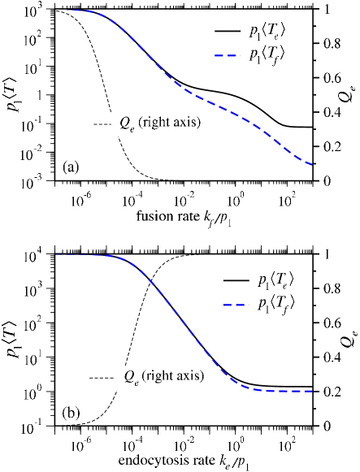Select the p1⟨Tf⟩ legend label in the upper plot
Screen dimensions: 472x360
coord(267,54)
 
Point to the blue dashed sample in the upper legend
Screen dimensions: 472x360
coord(228,54)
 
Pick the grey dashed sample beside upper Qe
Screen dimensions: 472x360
coord(102,123)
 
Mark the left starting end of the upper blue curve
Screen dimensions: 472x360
coord(68,11)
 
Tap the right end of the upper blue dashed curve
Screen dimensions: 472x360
coord(312,165)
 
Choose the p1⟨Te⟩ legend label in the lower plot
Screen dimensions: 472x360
coord(275,281)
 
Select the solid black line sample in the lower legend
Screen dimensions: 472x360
coord(236,281)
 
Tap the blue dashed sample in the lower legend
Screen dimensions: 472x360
coord(236,305)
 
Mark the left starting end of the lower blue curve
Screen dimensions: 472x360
coord(57,254)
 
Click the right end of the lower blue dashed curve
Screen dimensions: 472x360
coord(312,392)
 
